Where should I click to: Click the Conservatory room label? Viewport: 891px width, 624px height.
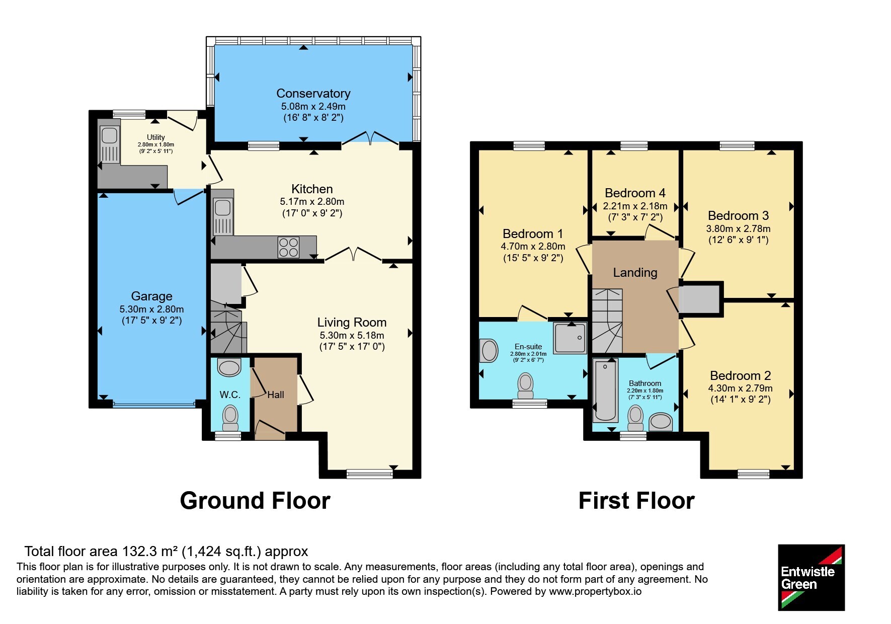313,94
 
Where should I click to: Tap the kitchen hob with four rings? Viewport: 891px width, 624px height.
288,247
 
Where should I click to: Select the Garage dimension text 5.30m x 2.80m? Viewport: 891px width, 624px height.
151,309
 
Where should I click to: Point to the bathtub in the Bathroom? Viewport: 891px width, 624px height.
605,390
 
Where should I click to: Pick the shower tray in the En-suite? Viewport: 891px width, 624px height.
570,337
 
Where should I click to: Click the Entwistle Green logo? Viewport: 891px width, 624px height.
811,577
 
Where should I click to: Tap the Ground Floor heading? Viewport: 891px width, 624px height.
255,501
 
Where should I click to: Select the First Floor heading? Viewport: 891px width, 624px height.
636,501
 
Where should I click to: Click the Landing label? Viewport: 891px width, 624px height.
635,273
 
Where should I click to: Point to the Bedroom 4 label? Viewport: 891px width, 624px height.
635,193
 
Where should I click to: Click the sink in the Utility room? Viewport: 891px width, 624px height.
109,143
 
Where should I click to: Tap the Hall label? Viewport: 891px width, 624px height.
276,395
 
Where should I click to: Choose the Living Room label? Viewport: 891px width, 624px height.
352,323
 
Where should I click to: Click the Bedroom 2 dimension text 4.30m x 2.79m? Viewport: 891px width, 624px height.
740,388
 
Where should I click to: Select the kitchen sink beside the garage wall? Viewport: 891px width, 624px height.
223,216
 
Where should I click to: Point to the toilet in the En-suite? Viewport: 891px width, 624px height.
525,385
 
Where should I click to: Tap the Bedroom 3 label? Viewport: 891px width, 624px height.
738,216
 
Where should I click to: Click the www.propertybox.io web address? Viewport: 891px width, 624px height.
595,591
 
